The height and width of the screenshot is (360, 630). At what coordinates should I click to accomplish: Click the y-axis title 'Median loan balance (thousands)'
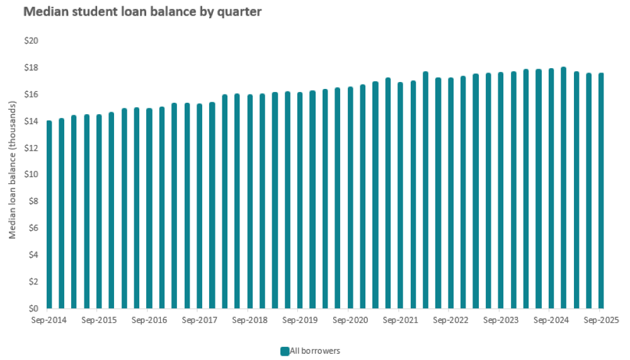(13, 175)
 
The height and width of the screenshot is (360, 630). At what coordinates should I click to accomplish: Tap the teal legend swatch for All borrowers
(285, 351)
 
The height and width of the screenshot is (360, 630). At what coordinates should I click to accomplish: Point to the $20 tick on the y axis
(31, 41)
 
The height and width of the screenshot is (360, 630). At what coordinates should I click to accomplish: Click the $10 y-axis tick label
(31, 175)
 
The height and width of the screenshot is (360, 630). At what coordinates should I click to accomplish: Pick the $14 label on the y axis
(31, 121)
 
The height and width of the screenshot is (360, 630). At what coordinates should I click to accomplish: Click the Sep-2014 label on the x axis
(49, 320)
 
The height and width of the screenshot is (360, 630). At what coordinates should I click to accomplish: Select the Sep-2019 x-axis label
(300, 320)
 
